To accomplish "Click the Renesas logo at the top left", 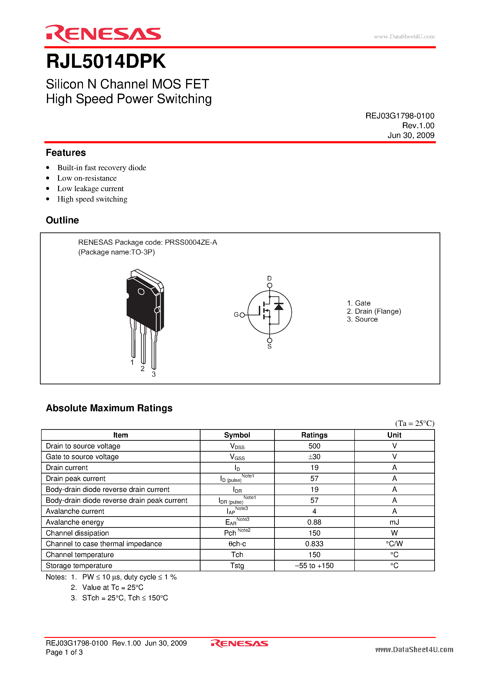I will click(103, 34).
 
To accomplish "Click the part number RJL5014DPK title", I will click(106, 62).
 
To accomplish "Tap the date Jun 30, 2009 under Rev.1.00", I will click(411, 135).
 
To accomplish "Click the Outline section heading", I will click(62, 220).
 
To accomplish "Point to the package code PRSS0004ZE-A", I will click(191, 242).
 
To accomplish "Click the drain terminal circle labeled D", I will click(269, 285).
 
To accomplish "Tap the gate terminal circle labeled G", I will click(242, 315).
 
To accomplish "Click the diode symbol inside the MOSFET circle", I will click(279, 307).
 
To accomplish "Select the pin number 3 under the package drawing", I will click(154, 374).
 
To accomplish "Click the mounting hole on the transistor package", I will click(141, 292).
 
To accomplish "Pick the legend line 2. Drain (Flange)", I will click(374, 311).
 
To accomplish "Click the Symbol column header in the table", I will click(237, 435).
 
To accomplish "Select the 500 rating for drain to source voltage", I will click(314, 446).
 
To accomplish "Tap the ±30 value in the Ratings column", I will click(314, 457).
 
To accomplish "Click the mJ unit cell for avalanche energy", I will click(394, 522).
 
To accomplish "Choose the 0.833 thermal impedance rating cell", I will click(314, 544).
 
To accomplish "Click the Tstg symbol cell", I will click(237, 566).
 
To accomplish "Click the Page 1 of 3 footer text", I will click(64, 652).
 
